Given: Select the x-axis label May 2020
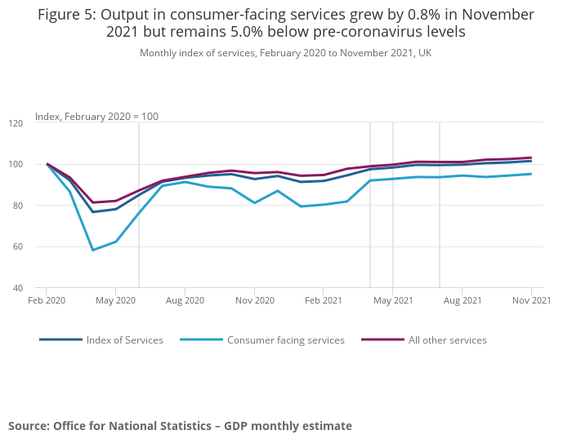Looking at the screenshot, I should click(x=115, y=301).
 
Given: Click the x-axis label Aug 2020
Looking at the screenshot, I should click(x=185, y=301).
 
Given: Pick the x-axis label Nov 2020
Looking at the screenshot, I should click(x=254, y=301).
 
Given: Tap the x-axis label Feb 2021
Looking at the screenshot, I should click(x=323, y=301).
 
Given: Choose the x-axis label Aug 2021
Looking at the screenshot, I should click(x=462, y=301).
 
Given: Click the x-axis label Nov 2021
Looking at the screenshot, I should click(x=531, y=301).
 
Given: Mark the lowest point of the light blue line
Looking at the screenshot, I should click(x=92, y=250).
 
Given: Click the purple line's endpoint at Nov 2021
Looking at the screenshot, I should click(x=531, y=157).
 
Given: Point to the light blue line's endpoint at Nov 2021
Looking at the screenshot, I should click(x=531, y=174).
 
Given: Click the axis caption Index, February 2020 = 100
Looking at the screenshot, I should click(x=96, y=117).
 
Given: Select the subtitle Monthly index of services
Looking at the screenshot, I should click(x=285, y=53).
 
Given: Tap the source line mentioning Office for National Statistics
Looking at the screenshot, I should click(x=180, y=426).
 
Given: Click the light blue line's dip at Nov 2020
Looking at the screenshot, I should click(x=254, y=202).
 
